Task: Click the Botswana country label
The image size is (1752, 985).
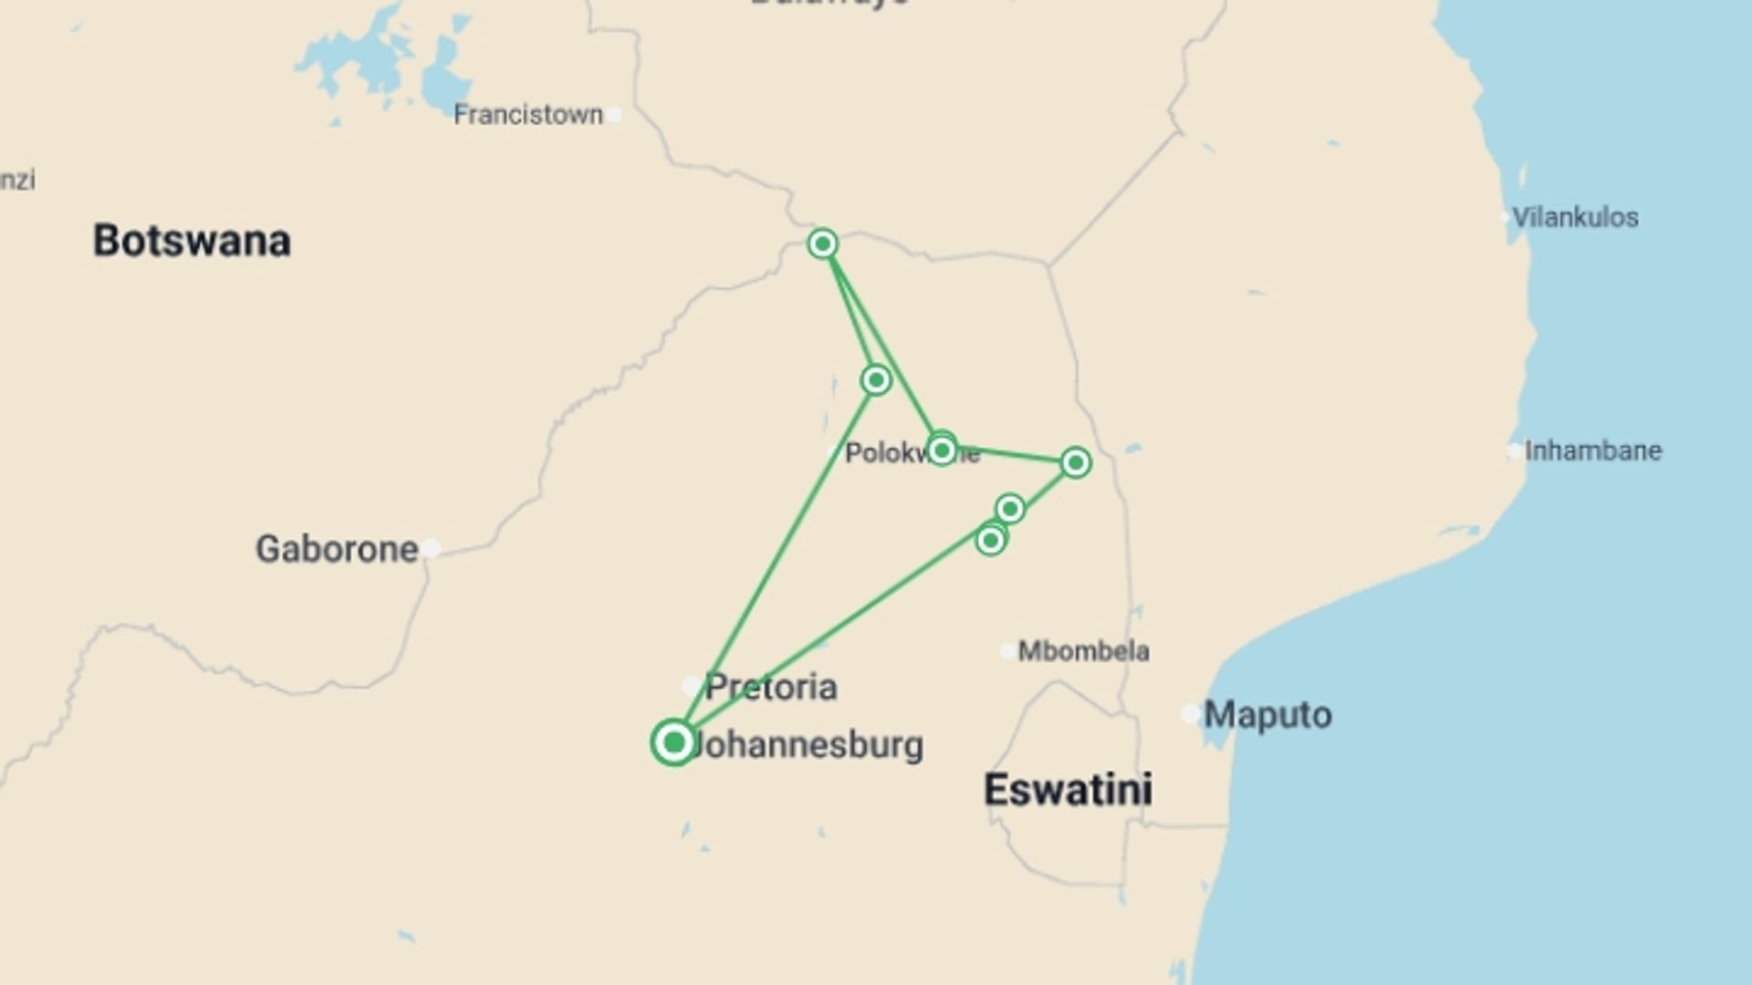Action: [192, 241]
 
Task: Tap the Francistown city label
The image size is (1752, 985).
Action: [528, 115]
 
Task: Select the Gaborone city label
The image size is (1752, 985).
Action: [337, 549]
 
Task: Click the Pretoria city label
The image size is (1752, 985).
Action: [771, 687]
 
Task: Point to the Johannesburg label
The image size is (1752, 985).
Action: [808, 745]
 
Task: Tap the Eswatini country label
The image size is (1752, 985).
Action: [1068, 789]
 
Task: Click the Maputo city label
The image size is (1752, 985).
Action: [1267, 715]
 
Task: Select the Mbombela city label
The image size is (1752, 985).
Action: [1083, 651]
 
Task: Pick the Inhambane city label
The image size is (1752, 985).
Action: [1593, 451]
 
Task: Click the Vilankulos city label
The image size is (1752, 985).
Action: [1575, 217]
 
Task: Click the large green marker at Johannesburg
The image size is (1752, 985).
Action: [674, 742]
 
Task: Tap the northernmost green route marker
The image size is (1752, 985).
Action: [823, 244]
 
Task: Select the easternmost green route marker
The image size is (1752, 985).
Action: [1076, 462]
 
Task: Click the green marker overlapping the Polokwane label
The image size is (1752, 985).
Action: [942, 450]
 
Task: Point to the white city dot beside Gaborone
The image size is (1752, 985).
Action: [431, 548]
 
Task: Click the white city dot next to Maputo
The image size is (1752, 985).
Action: [1190, 714]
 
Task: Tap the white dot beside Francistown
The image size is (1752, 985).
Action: [615, 115]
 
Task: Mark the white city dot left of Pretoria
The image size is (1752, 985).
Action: [692, 686]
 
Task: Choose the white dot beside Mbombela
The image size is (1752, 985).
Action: [1006, 651]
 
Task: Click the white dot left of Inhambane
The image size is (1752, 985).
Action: [1514, 451]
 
